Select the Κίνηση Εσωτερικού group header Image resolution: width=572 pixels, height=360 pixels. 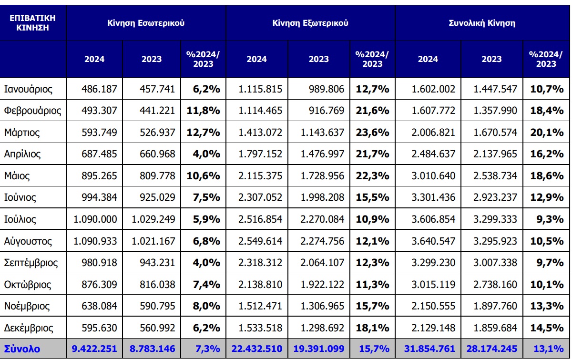(x=146, y=22)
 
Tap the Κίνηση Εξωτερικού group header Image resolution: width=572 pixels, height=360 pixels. (x=310, y=22)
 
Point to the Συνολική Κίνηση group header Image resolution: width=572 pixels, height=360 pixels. (x=482, y=22)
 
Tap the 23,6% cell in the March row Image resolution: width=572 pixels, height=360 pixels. (x=372, y=133)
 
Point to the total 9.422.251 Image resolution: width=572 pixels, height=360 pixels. (x=94, y=349)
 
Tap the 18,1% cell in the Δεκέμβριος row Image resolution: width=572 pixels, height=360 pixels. (x=372, y=329)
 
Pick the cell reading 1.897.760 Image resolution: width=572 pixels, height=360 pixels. (x=492, y=307)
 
